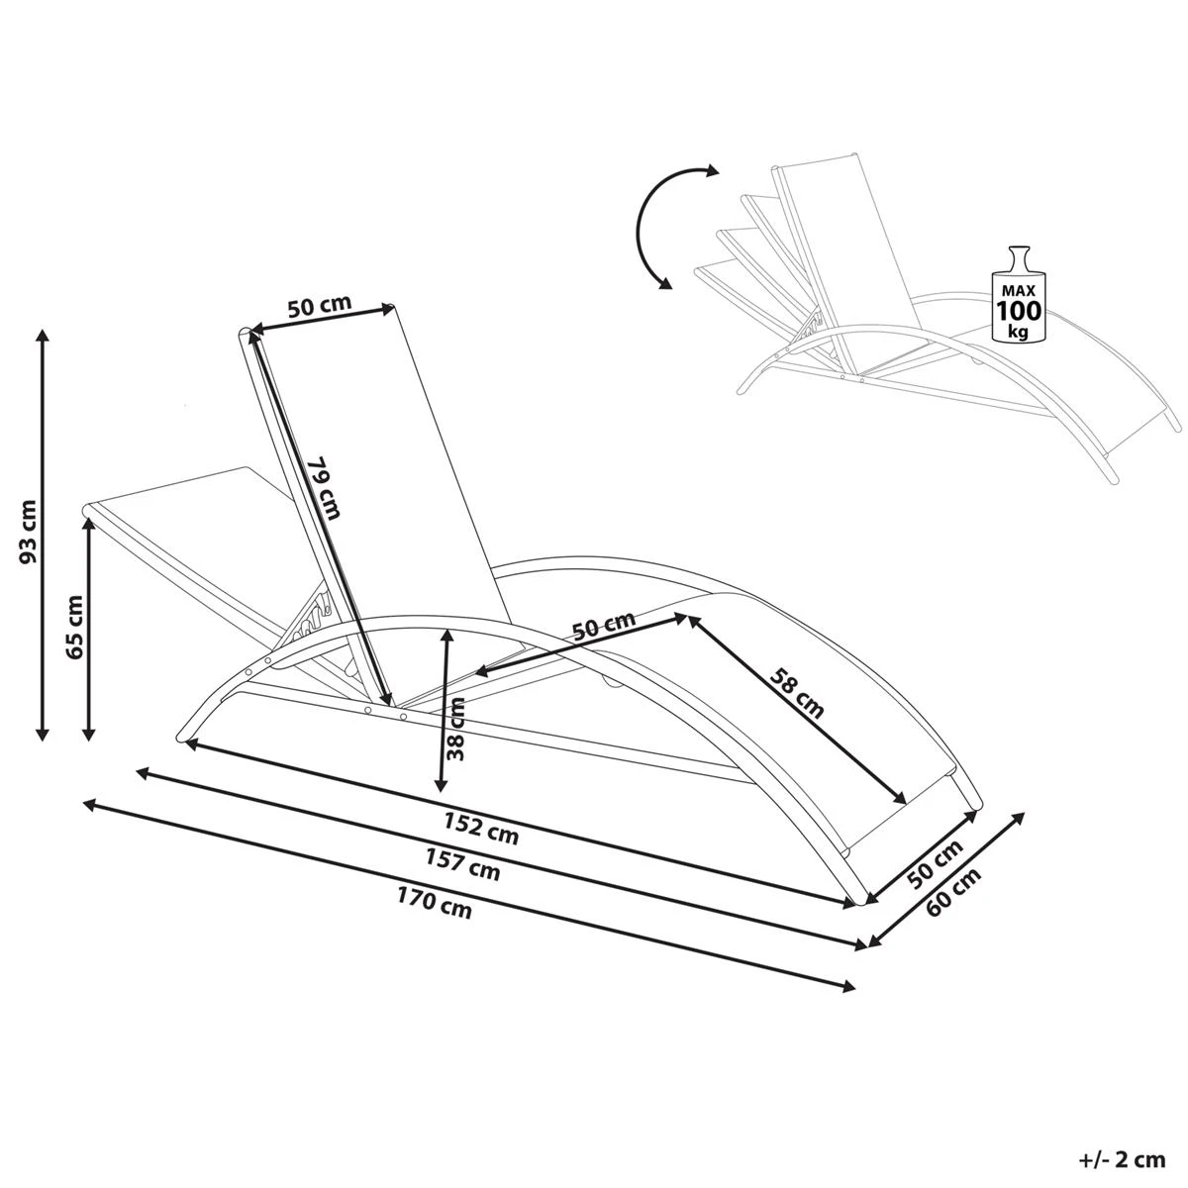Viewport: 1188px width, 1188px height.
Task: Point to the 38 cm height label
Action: [x=457, y=728]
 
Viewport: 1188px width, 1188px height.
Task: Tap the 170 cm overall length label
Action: [x=436, y=904]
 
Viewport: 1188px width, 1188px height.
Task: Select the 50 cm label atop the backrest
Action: [x=319, y=305]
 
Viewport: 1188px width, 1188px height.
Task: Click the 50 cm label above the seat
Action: [x=604, y=627]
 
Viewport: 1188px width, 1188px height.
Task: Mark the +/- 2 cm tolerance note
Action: [x=1123, y=1158]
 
